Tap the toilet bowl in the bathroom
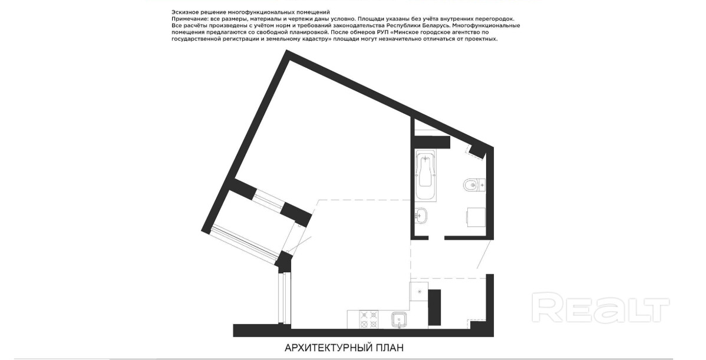(x=470, y=184)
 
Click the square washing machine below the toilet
(x=476, y=217)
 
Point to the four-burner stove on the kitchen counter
(x=370, y=319)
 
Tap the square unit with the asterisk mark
(x=419, y=292)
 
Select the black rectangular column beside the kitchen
(x=434, y=308)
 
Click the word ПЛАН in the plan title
(x=391, y=348)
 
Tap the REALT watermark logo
(x=601, y=307)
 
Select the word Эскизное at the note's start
(x=184, y=12)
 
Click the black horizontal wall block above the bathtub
(x=432, y=142)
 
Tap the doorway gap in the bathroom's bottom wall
(x=436, y=237)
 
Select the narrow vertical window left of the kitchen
(x=282, y=298)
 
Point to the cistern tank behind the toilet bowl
(x=482, y=184)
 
